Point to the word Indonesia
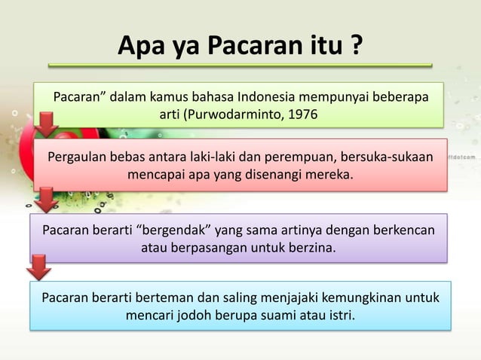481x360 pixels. pos(268,97)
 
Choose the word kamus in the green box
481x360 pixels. pos(170,97)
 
